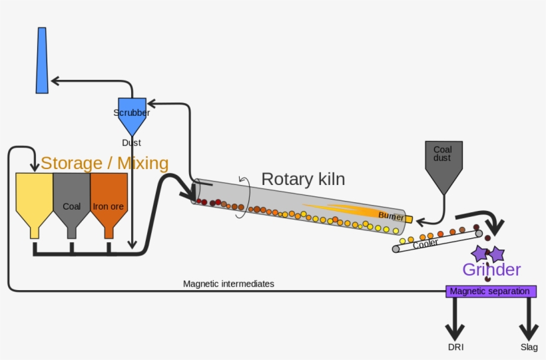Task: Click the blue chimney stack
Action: click(x=42, y=60)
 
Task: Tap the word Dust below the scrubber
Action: click(x=131, y=142)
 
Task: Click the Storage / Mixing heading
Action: click(x=105, y=163)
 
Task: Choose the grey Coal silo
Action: click(x=71, y=200)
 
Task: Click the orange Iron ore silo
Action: click(x=109, y=200)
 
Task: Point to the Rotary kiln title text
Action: click(x=303, y=179)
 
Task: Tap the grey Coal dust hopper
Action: click(x=443, y=163)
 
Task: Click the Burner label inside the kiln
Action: click(x=391, y=216)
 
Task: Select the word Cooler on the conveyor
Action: click(x=425, y=244)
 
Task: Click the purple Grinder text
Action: click(x=491, y=270)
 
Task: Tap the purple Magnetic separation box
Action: click(x=490, y=291)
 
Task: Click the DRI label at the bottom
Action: click(x=456, y=347)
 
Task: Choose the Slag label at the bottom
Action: click(x=529, y=347)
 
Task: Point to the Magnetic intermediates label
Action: click(x=228, y=283)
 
